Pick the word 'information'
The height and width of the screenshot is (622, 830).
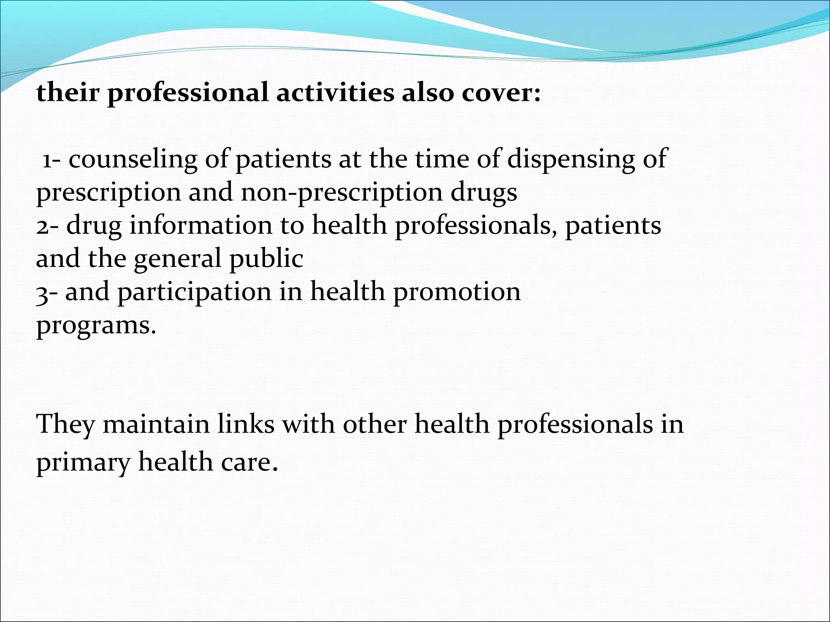tap(201, 226)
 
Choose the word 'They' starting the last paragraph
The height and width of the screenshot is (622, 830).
tap(65, 425)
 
